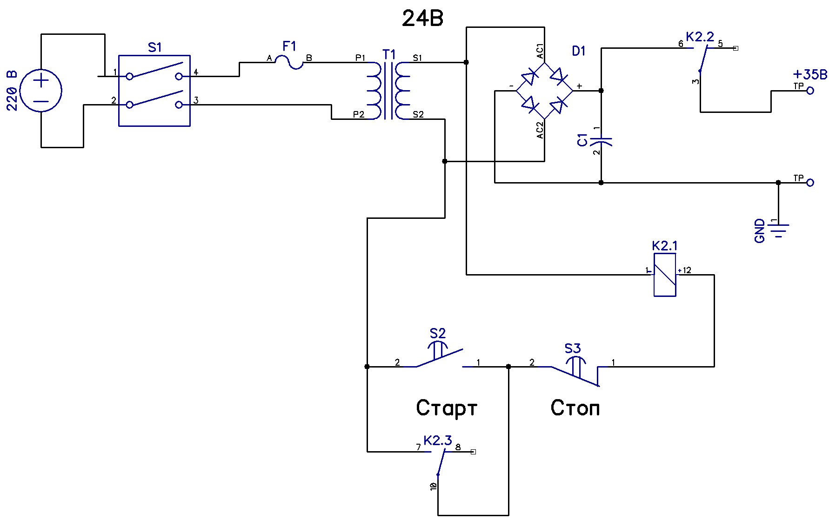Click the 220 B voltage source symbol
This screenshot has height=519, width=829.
tap(41, 91)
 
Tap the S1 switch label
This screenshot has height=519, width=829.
tap(155, 47)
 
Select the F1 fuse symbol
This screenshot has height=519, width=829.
tap(289, 60)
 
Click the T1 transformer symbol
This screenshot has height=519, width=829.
tap(388, 88)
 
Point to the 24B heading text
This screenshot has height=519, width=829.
tap(422, 19)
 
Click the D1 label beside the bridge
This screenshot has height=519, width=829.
tap(579, 51)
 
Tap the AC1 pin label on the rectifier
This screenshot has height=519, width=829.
tap(540, 51)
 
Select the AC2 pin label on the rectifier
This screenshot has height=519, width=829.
tap(540, 130)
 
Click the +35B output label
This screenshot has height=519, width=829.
tap(810, 74)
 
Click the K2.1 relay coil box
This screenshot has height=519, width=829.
tap(665, 275)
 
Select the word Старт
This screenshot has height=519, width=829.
tap(447, 408)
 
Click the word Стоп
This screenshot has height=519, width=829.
tap(575, 408)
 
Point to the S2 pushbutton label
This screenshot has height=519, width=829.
tap(437, 333)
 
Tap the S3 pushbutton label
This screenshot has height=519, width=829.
tap(573, 348)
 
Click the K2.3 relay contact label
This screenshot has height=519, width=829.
tap(437, 440)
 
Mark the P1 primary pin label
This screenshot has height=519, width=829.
tap(360, 58)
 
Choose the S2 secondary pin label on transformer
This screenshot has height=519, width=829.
tap(418, 114)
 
